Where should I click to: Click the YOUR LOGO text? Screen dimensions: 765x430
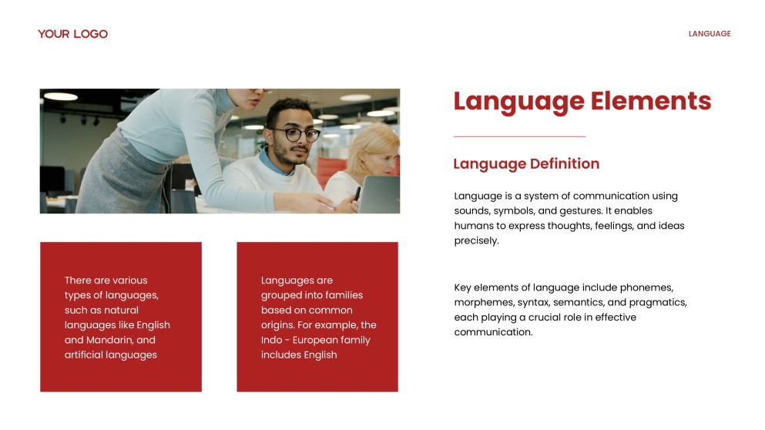pyautogui.click(x=72, y=34)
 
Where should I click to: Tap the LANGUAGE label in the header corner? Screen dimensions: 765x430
pyautogui.click(x=710, y=34)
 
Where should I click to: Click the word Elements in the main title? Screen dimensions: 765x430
pyautogui.click(x=651, y=101)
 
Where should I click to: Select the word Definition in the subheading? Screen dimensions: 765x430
pyautogui.click(x=565, y=163)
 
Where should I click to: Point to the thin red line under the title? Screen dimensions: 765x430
pyautogui.click(x=519, y=136)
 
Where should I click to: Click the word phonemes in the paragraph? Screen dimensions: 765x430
pyautogui.click(x=646, y=287)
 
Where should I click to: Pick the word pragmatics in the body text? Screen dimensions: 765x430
pyautogui.click(x=658, y=303)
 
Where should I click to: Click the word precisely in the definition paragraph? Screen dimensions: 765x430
pyautogui.click(x=476, y=240)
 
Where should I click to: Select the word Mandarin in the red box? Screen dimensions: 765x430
pyautogui.click(x=109, y=340)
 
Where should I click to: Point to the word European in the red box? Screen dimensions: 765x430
pyautogui.click(x=314, y=340)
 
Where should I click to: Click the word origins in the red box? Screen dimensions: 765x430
pyautogui.click(x=277, y=325)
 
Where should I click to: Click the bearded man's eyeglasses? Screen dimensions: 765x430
pyautogui.click(x=296, y=135)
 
